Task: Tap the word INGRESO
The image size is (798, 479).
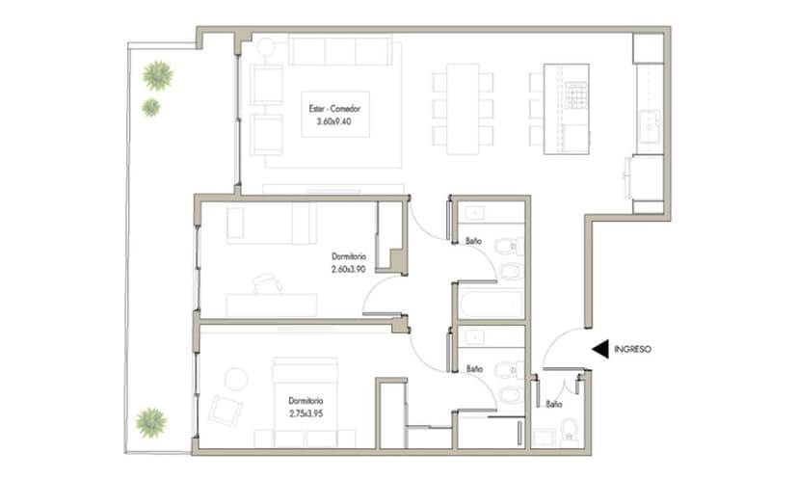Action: click(632, 349)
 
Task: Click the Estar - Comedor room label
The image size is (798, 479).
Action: click(334, 108)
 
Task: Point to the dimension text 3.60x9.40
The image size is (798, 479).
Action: click(333, 121)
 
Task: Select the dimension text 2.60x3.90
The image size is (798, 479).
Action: click(349, 269)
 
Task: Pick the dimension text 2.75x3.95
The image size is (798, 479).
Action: click(306, 413)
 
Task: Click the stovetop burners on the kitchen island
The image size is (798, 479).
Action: click(576, 95)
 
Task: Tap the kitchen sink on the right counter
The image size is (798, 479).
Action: click(650, 125)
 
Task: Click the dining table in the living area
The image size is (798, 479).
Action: click(463, 109)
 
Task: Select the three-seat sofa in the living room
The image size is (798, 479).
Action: click(340, 50)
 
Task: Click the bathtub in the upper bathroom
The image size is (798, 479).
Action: click(492, 304)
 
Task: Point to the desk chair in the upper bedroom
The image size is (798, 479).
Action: click(268, 283)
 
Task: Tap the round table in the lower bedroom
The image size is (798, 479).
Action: click(236, 379)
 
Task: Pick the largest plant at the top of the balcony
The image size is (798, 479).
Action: click(158, 76)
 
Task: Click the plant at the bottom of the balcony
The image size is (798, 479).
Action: click(151, 422)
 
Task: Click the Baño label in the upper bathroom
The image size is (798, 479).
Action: click(473, 241)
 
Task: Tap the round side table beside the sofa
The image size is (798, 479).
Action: click(266, 47)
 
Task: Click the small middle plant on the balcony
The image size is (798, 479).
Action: click(150, 108)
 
